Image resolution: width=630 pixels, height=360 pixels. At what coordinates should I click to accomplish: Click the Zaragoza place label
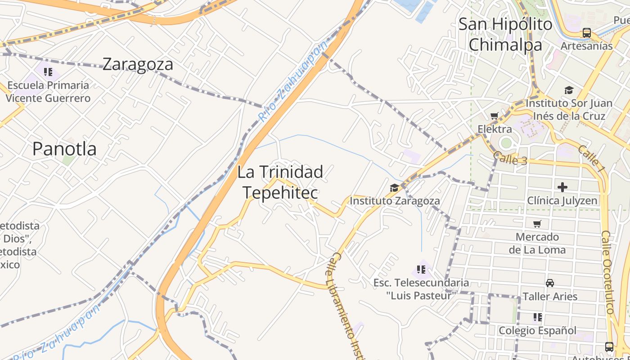coord(138,64)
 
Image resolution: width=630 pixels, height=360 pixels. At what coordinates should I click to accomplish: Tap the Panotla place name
coord(64,149)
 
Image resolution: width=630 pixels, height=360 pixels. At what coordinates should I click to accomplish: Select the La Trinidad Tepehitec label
coord(280,182)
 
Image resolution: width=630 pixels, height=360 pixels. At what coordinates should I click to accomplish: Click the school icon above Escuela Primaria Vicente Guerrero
coord(48,72)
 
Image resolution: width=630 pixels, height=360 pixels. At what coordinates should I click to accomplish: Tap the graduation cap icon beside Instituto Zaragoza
coord(394,188)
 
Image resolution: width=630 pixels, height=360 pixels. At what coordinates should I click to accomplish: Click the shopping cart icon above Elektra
coord(494,117)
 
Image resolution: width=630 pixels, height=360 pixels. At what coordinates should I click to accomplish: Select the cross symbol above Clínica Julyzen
coord(562,187)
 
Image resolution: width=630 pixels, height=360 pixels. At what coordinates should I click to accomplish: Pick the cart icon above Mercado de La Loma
coord(537,224)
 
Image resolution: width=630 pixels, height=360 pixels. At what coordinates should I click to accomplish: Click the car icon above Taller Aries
coord(549,283)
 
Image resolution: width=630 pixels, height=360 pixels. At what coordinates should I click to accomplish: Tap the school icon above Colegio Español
coord(537,317)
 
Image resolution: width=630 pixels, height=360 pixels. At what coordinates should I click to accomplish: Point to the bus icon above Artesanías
coord(586,33)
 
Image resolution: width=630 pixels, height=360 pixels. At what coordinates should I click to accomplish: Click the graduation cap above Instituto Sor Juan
coord(569,90)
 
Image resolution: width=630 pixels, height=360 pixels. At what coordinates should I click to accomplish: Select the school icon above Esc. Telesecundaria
coord(421,270)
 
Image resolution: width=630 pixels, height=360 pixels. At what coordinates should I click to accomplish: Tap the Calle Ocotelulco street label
coord(608,272)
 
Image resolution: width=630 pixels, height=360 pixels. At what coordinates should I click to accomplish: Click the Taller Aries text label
coord(549,297)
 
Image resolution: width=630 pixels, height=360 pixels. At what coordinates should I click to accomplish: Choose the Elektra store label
coord(495,130)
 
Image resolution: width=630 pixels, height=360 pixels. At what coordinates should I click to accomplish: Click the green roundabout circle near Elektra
coord(506,143)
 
